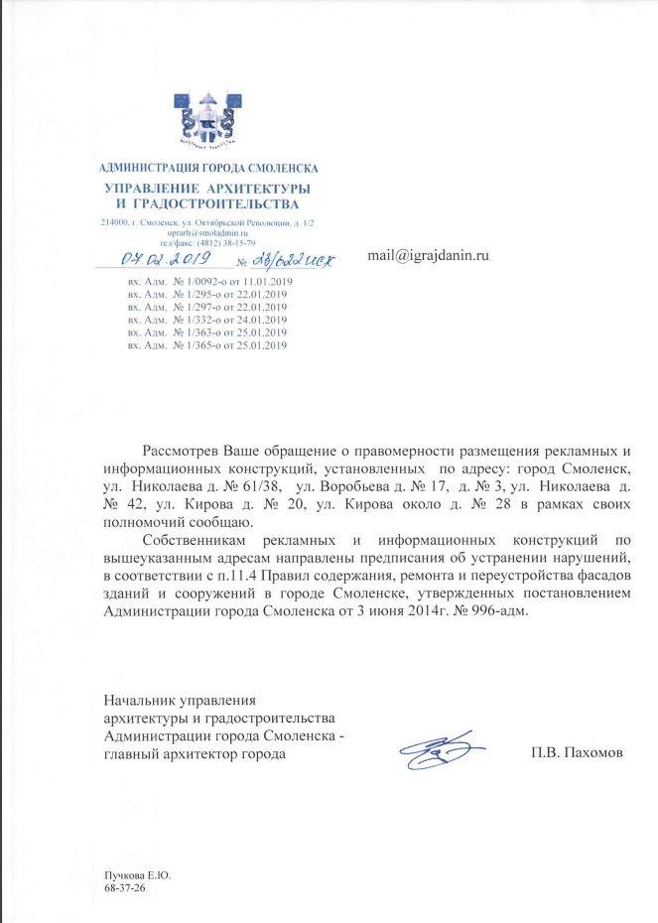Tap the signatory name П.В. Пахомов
pyautogui.click(x=577, y=754)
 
